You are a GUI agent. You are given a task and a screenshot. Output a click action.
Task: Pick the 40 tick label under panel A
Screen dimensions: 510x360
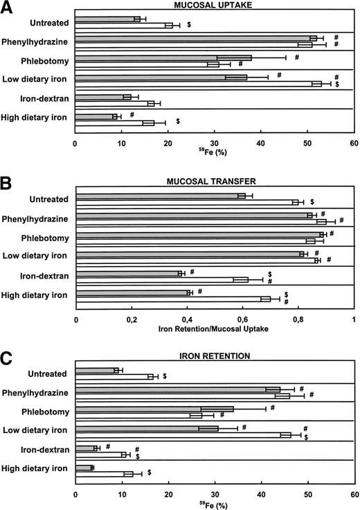coord(260,146)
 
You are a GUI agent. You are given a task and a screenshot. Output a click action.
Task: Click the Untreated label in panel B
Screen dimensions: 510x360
coord(50,200)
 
